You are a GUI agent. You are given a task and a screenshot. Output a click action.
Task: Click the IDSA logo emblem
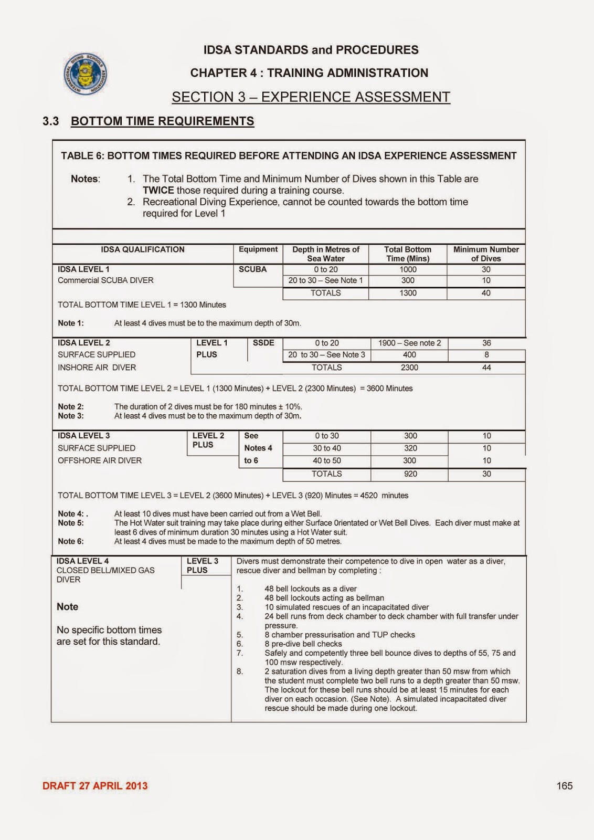(86, 73)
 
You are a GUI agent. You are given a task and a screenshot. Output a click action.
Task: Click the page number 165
(565, 786)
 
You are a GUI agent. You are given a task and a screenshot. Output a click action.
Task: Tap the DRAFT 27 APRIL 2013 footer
(95, 786)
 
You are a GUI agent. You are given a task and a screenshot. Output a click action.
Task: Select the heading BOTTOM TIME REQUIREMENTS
(162, 121)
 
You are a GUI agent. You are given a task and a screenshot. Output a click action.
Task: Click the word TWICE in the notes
(158, 191)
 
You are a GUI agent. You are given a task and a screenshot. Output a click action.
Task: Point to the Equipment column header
(258, 249)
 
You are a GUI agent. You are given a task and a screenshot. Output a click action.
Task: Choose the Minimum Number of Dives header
(486, 254)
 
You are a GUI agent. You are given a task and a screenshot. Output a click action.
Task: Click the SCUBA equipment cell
(253, 269)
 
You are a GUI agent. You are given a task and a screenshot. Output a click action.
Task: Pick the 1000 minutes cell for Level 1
(408, 269)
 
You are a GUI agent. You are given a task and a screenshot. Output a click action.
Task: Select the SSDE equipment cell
(263, 343)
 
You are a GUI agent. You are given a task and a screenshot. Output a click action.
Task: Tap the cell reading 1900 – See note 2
(409, 343)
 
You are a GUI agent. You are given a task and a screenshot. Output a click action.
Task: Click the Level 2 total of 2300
(409, 367)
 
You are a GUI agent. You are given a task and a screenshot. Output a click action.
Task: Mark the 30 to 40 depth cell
(326, 448)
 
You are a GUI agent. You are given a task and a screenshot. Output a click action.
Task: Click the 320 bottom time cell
(410, 448)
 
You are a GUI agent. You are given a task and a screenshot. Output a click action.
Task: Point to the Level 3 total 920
(410, 474)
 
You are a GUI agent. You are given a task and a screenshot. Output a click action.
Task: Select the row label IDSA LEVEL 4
(82, 561)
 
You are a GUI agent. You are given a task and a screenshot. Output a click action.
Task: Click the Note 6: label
(70, 541)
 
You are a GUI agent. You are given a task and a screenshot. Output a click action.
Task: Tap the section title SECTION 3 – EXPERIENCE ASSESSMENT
(311, 97)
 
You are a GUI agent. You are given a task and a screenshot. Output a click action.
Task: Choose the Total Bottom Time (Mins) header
(408, 254)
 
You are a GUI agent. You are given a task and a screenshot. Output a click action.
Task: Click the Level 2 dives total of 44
(486, 367)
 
